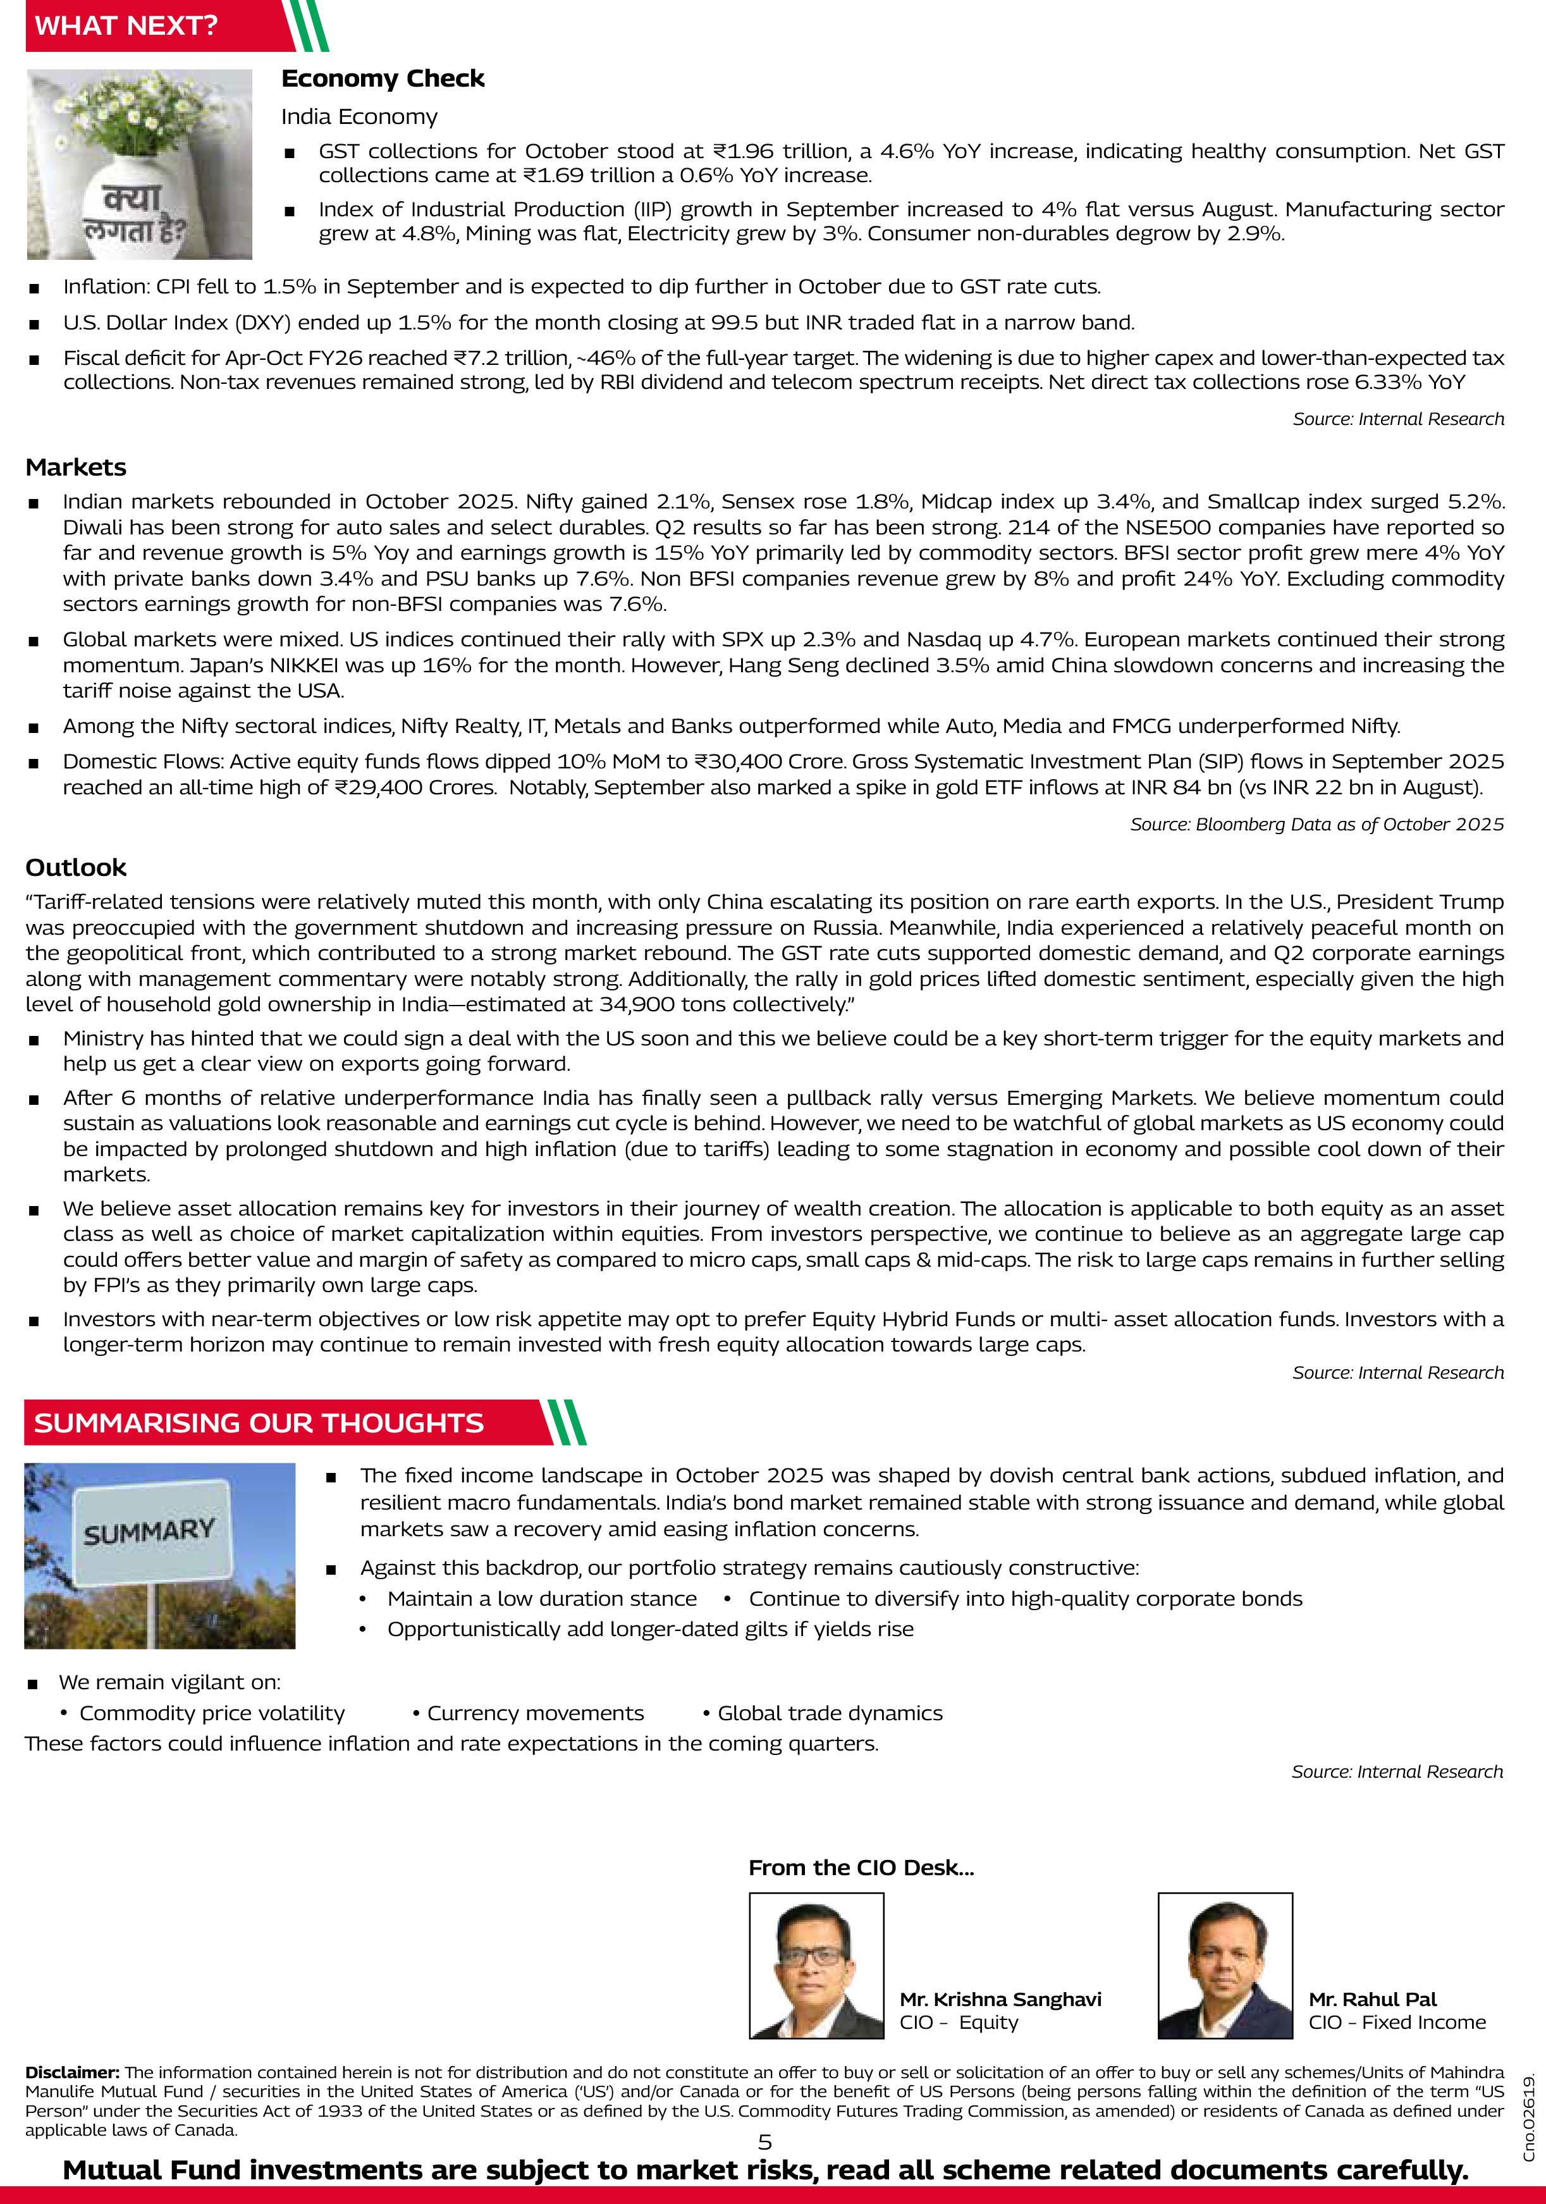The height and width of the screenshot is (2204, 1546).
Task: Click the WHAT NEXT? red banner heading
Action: tap(126, 26)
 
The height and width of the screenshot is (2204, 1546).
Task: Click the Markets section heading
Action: tap(76, 467)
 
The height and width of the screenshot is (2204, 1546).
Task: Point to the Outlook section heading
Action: tap(76, 868)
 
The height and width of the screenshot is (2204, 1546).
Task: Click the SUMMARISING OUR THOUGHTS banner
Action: tap(259, 1422)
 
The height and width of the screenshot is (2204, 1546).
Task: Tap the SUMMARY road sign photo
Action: tap(159, 1555)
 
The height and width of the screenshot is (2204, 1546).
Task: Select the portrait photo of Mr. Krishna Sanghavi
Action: tap(816, 1965)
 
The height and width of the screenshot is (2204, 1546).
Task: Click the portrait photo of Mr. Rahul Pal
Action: tap(1225, 1965)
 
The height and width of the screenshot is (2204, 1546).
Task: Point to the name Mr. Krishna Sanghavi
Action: tap(1000, 1998)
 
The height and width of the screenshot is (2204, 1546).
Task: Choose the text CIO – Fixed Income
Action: tap(1396, 2022)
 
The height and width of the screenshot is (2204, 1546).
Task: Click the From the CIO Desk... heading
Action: tap(861, 1867)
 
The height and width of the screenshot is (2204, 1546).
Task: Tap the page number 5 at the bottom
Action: tap(765, 2141)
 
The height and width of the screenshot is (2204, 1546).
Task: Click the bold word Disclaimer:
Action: tap(73, 2072)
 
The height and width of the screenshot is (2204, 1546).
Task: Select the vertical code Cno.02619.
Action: tap(1529, 2117)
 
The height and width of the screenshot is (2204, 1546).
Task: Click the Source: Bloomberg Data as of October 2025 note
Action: tap(1316, 825)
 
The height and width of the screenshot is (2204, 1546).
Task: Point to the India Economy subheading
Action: tap(359, 117)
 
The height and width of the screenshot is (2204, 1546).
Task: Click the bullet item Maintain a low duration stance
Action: tap(541, 1598)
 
